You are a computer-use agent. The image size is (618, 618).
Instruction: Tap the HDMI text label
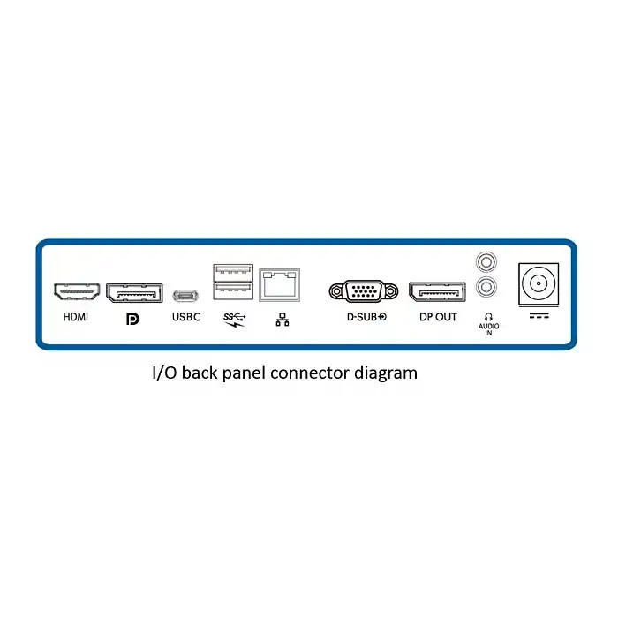[x=77, y=317]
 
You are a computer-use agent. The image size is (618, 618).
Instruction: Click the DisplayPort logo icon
[x=133, y=318]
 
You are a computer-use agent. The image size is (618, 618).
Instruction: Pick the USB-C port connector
[x=186, y=294]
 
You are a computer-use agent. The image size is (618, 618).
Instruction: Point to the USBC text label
[x=186, y=317]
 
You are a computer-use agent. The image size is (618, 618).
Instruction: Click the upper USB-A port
[x=233, y=274]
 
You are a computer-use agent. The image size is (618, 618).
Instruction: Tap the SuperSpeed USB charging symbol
[x=234, y=318]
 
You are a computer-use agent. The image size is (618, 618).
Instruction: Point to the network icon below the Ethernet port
[x=283, y=320]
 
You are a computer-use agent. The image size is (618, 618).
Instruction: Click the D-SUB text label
[x=366, y=317]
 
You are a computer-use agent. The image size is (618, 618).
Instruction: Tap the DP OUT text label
[x=438, y=317]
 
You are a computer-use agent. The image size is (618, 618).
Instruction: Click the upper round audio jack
[x=485, y=262]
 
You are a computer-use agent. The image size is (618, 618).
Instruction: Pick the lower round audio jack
[x=485, y=286]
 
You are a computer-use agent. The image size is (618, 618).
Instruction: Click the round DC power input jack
[x=538, y=284]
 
